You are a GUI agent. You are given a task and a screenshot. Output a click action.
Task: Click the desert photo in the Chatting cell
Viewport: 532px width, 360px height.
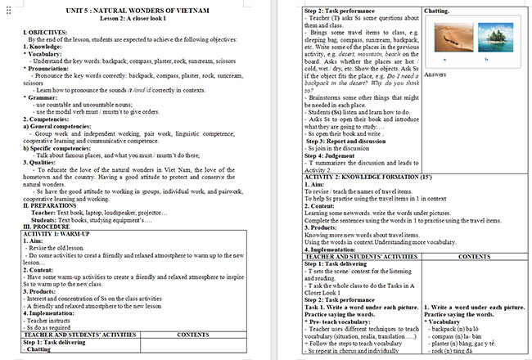pyautogui.click(x=449, y=37)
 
